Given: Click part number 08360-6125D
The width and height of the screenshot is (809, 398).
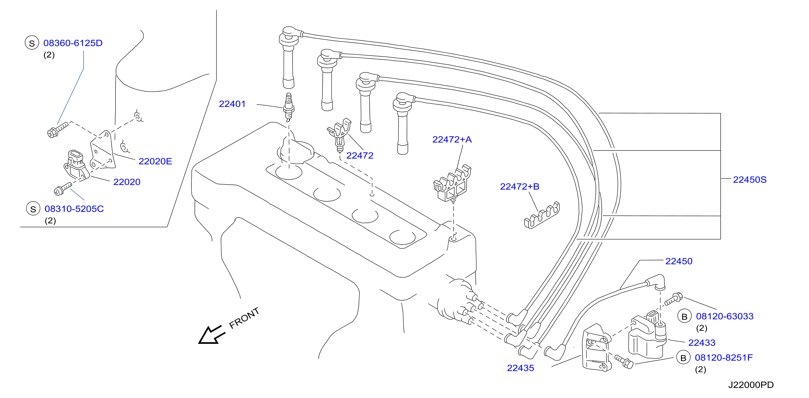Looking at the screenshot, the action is click(73, 43).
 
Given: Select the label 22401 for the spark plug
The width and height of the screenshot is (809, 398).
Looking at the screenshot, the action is click(232, 104).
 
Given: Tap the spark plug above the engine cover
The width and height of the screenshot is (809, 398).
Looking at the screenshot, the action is click(289, 107).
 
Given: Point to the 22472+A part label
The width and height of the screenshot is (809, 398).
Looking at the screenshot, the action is click(452, 139).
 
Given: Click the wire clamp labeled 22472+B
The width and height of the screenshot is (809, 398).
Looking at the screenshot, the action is click(542, 215).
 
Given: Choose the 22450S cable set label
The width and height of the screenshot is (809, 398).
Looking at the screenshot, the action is click(750, 180).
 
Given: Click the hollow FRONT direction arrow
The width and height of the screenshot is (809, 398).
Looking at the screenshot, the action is click(211, 335).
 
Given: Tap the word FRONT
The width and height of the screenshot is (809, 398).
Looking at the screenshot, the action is click(244, 318).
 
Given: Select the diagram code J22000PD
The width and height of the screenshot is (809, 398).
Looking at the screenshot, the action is click(751, 385).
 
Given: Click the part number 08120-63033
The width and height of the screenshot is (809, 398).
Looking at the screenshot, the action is click(725, 316).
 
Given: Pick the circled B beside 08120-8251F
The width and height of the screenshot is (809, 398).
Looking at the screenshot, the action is click(683, 358).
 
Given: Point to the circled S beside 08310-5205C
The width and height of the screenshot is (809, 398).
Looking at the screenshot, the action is click(33, 209).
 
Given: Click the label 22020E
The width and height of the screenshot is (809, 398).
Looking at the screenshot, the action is click(155, 161).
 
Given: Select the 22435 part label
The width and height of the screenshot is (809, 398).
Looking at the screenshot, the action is click(520, 368).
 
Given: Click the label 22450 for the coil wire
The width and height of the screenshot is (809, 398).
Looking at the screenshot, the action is click(679, 261).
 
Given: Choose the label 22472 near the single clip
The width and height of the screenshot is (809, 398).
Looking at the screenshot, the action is click(359, 156).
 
